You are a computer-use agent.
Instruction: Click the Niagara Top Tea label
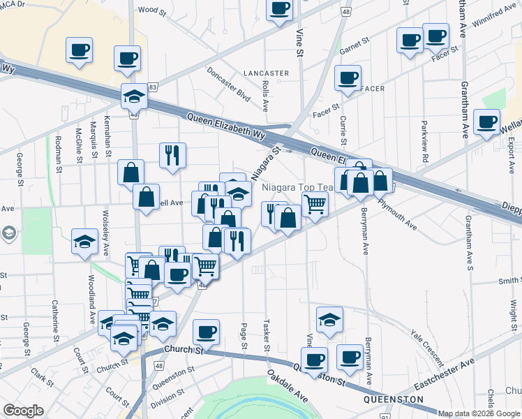[298, 188]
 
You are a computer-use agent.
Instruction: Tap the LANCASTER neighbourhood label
[266, 73]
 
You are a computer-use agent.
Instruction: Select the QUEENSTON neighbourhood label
[394, 399]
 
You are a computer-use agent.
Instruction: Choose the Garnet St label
[353, 47]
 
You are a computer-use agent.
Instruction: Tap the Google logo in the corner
[23, 411]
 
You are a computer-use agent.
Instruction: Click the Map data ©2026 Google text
[479, 413]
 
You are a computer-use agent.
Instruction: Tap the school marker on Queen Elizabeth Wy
[133, 96]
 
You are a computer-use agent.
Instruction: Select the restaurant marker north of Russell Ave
[172, 154]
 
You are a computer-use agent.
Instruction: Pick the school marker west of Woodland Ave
[85, 242]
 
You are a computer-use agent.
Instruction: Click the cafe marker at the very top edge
[280, 8]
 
